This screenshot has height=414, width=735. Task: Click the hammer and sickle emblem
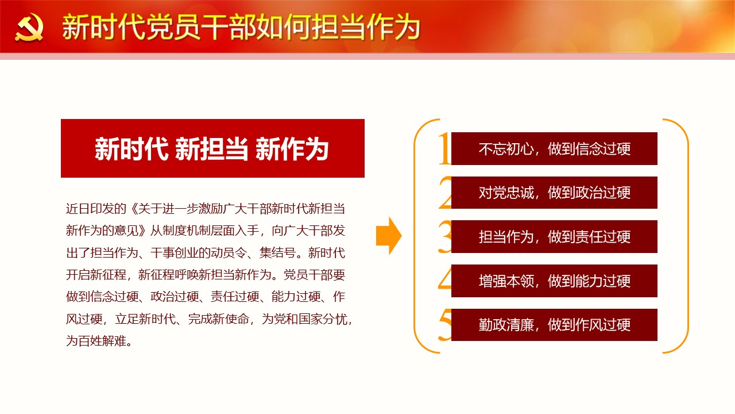29,28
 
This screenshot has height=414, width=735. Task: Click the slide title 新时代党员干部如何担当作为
241,28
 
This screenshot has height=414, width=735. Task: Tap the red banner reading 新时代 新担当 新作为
212,148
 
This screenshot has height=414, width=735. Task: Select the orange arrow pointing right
389,236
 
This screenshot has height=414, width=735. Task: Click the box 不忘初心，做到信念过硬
554,148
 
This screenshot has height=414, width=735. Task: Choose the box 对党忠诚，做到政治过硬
554,193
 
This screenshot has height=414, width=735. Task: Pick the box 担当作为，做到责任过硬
554,236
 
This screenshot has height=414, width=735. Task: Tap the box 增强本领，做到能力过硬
554,281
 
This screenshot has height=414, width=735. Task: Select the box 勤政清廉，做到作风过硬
554,325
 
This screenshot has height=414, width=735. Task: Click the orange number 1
445,148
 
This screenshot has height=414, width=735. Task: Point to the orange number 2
445,193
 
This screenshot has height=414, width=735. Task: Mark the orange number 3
445,236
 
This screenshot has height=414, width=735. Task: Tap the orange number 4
445,279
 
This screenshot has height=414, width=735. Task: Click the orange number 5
445,325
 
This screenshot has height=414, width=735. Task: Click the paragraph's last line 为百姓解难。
99,341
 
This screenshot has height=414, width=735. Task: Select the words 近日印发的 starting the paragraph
96,209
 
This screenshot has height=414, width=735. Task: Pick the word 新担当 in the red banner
212,149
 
